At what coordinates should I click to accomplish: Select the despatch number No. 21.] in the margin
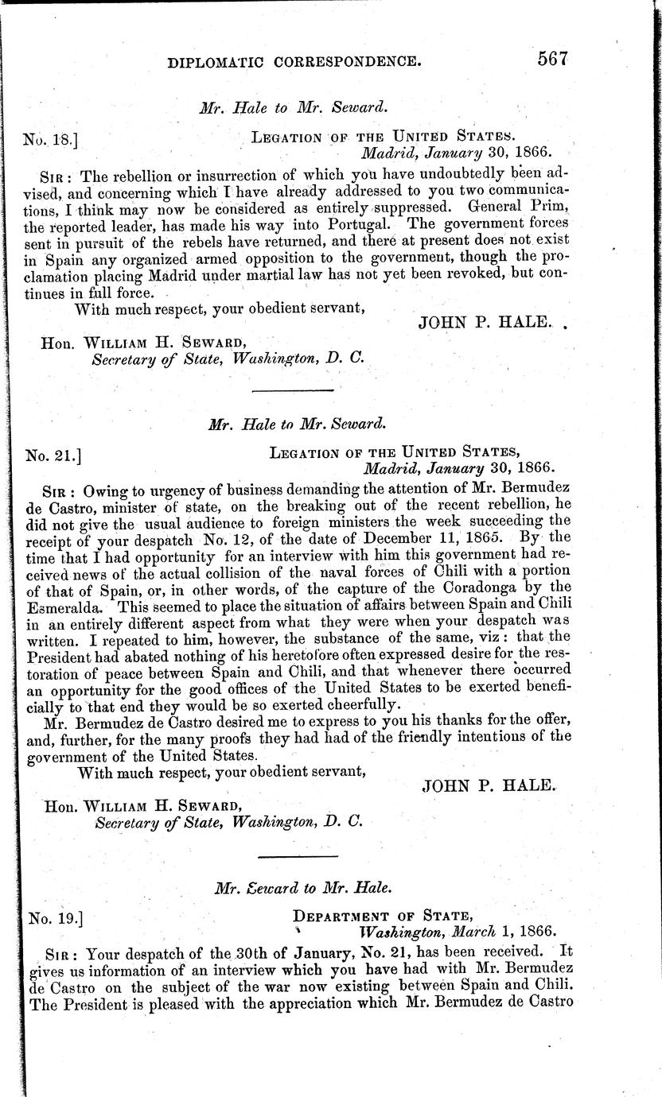point(52,456)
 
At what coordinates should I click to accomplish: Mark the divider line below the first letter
point(292,391)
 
